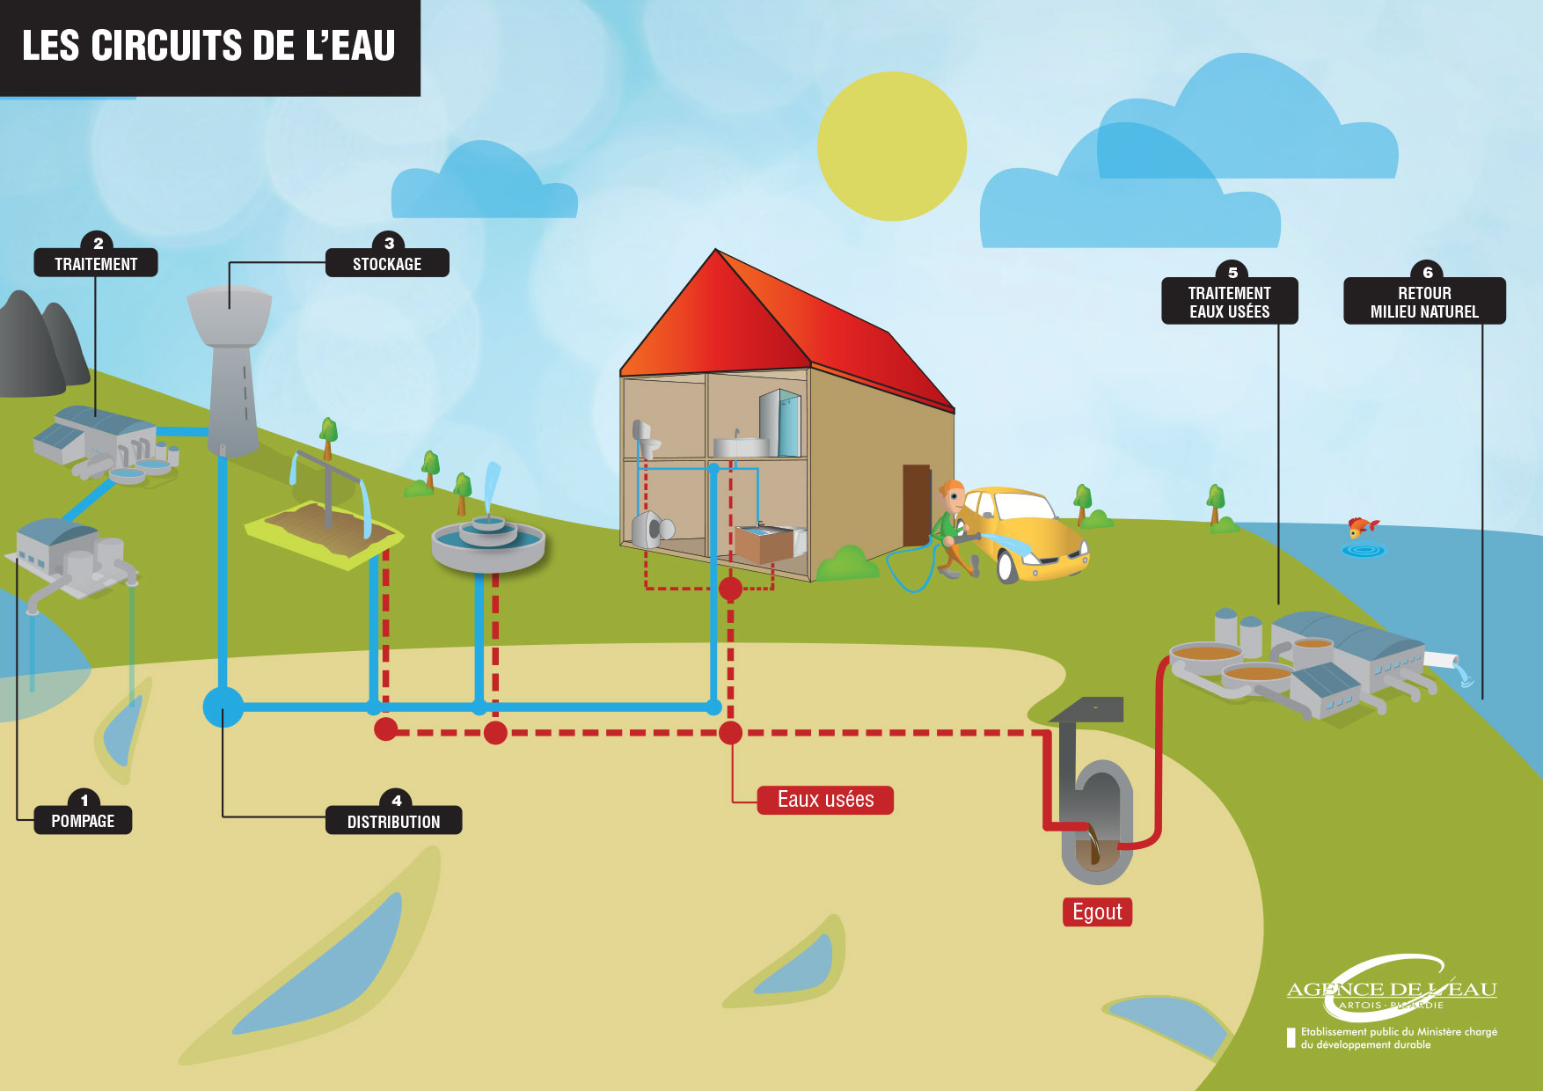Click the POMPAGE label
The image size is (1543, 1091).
pyautogui.click(x=83, y=820)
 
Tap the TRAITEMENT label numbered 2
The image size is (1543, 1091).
pyautogui.click(x=96, y=263)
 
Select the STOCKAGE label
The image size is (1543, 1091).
pyautogui.click(x=387, y=263)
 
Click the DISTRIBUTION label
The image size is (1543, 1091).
pyautogui.click(x=393, y=821)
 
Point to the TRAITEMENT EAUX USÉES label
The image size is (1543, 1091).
pyautogui.click(x=1229, y=302)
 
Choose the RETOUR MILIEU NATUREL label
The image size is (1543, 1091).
pyautogui.click(x=1424, y=302)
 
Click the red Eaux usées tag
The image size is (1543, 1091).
pyautogui.click(x=825, y=800)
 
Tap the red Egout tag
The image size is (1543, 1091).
pyautogui.click(x=1097, y=912)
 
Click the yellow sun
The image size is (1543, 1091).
pyautogui.click(x=892, y=146)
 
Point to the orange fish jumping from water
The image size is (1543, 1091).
pyautogui.click(x=1362, y=527)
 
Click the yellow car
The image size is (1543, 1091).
pyautogui.click(x=1029, y=532)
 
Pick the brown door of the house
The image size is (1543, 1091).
pyautogui.click(x=916, y=506)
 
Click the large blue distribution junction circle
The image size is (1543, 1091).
pyautogui.click(x=223, y=707)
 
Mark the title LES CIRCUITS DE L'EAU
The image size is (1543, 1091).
pyautogui.click(x=208, y=46)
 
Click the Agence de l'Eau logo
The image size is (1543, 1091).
pyautogui.click(x=1391, y=990)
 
